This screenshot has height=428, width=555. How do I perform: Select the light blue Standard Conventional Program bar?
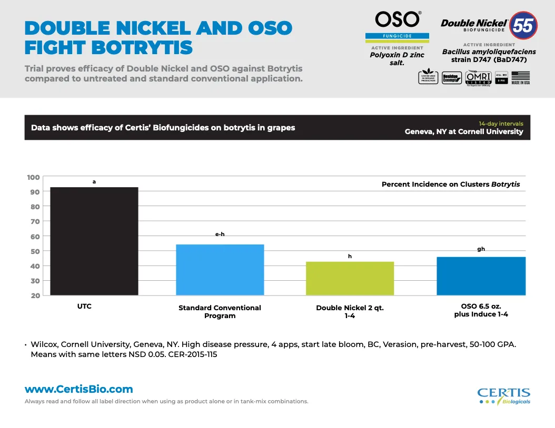[220, 269]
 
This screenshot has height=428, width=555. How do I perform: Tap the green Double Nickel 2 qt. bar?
[350, 278]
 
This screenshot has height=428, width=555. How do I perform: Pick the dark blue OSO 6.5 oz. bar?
[481, 276]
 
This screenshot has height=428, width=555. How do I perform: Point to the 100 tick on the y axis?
[34, 177]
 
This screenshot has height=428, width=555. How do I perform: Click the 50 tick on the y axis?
[34, 251]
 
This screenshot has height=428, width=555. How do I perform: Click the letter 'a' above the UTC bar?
[94, 181]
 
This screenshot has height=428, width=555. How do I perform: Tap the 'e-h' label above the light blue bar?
[220, 234]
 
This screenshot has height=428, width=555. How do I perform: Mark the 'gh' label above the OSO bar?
[481, 249]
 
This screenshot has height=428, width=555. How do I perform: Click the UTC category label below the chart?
[84, 306]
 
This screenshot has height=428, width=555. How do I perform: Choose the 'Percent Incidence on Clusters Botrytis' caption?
[451, 185]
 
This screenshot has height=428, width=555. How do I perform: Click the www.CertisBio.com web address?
[79, 390]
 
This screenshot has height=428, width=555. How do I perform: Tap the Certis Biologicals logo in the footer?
[503, 396]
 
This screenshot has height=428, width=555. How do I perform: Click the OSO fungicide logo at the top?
[397, 26]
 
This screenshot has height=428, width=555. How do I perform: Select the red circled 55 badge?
[523, 25]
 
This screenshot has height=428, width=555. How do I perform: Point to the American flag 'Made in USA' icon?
[520, 78]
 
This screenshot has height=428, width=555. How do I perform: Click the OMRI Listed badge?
[478, 78]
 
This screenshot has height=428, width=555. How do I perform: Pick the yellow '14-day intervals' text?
[501, 124]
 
